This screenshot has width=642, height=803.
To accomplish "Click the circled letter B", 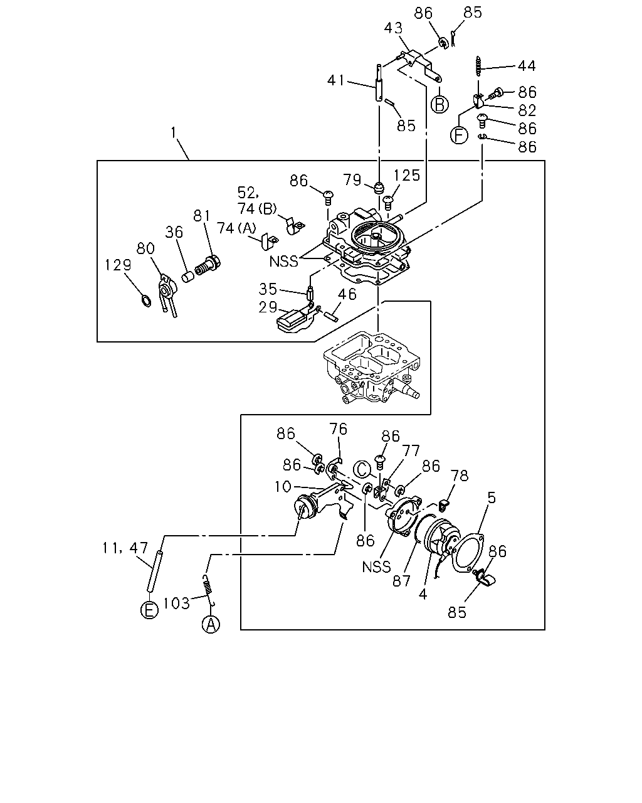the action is [x=439, y=104].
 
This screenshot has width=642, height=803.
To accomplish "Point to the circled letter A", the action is [x=211, y=624].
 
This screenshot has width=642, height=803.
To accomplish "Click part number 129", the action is [x=118, y=265].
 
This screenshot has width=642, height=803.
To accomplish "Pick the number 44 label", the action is [x=527, y=66].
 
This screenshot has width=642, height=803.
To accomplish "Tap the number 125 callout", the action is [x=407, y=176].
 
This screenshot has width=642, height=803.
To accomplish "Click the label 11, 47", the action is [x=125, y=548].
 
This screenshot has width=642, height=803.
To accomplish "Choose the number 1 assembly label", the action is [x=174, y=132].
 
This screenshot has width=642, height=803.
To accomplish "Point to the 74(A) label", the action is [x=236, y=228].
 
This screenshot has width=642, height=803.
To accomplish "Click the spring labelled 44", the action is [x=478, y=66].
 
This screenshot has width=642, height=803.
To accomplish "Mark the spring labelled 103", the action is [x=208, y=587].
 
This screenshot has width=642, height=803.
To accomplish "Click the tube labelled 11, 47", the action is [x=155, y=571].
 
